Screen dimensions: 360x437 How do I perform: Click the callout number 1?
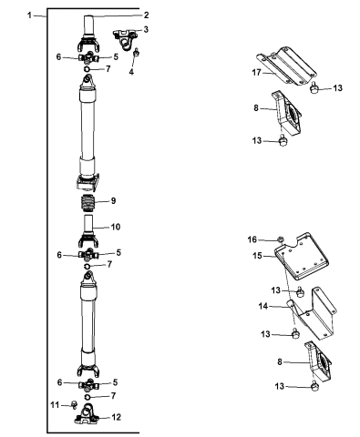[29, 15]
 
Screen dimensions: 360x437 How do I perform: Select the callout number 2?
[146, 15]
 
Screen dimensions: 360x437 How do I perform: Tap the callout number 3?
[146, 29]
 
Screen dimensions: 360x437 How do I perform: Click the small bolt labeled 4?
[137, 52]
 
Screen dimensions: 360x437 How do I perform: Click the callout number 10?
[116, 227]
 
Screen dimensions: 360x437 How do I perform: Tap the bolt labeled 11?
[74, 404]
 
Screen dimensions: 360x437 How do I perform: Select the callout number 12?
[117, 417]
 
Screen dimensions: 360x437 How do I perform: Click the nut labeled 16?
[281, 239]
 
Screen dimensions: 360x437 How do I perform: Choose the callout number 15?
[257, 256]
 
